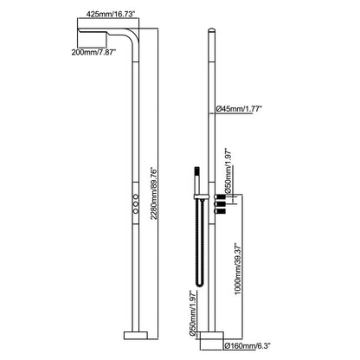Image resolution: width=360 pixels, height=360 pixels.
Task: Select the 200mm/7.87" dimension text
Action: (93, 52)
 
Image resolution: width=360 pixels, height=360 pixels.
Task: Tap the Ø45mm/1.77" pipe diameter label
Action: (239, 109)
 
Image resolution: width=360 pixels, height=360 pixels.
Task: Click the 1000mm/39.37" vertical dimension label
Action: (238, 269)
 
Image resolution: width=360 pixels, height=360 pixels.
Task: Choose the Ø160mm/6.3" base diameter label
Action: (247, 345)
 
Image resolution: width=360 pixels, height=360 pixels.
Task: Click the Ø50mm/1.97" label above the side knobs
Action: (228, 171)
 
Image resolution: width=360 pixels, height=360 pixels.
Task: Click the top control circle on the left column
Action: (136, 196)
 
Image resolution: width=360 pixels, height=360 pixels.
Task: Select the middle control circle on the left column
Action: (136, 204)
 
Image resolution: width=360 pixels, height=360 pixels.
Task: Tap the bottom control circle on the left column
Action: (136, 211)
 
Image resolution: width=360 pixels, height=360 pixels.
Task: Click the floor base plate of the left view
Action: (136, 336)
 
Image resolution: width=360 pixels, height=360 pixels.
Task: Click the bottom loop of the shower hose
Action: (200, 285)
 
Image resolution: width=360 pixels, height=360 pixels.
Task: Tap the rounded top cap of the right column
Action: (212, 29)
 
